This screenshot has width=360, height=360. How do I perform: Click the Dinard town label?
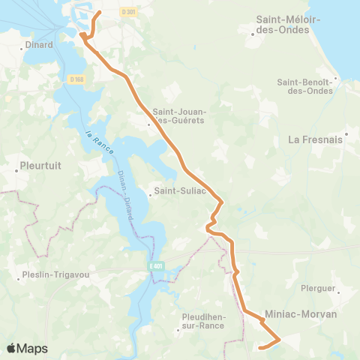tap(37, 44)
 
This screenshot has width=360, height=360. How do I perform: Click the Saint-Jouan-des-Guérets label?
tap(179, 115)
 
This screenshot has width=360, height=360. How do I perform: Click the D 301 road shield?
tap(130, 12)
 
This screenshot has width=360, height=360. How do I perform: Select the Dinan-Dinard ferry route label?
tap(125, 199)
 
